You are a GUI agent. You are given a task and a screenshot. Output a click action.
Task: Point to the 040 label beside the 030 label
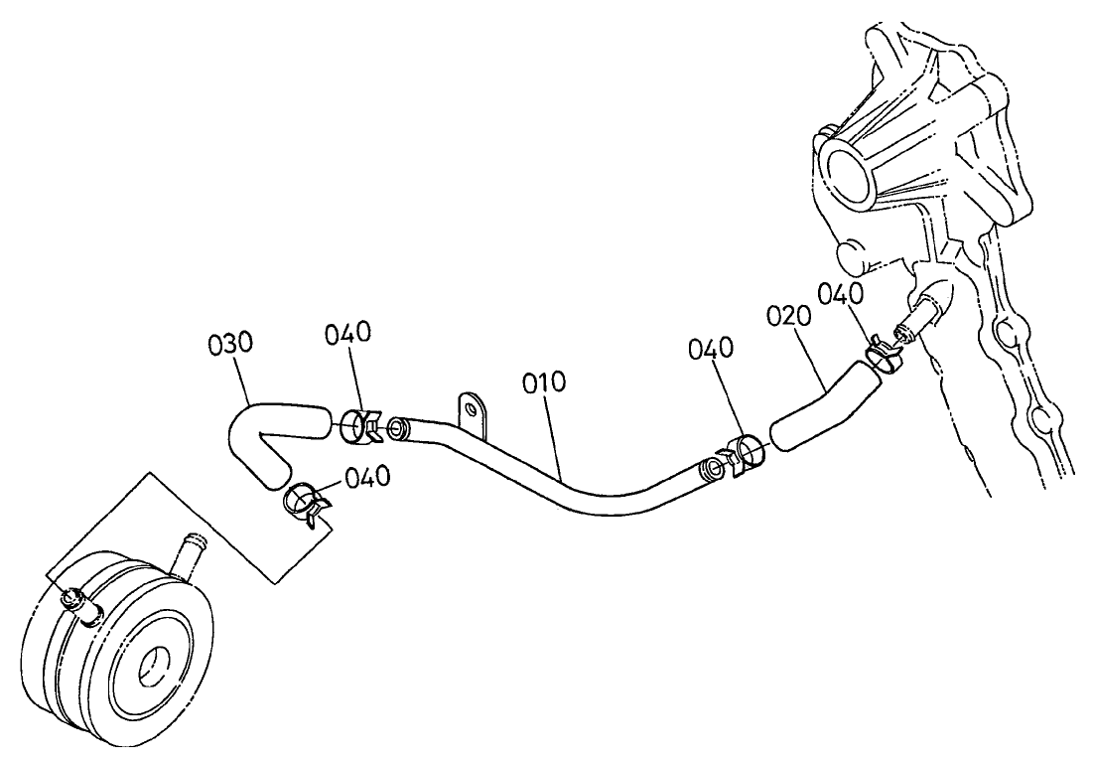tap(348, 333)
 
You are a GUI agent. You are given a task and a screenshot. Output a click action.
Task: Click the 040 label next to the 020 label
tap(842, 294)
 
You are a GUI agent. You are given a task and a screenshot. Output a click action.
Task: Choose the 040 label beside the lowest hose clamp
tap(367, 477)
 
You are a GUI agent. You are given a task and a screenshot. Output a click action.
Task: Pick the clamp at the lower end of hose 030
tap(304, 503)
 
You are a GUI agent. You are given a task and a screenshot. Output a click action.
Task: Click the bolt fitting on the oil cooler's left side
tap(74, 600)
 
